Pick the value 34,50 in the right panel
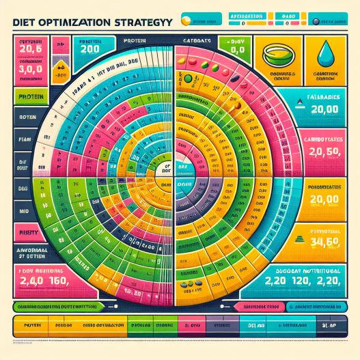point(323,240)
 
